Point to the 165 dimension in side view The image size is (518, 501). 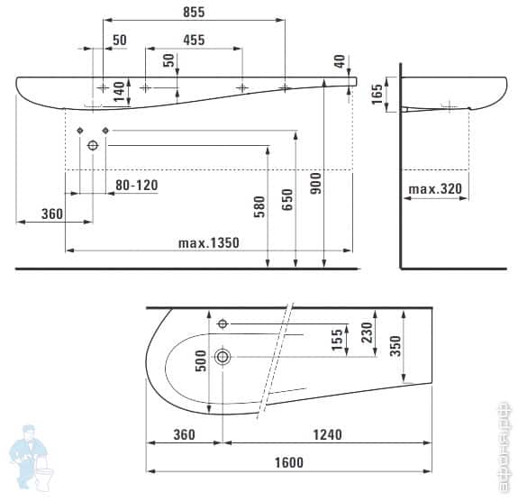click(377, 89)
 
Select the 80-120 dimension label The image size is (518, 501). click(136, 185)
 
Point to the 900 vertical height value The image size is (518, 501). click(314, 186)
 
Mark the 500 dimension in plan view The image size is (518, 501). click(201, 360)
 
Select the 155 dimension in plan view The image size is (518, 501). click(337, 340)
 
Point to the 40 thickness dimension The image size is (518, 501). click(340, 62)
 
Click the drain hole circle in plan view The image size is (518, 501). click(223, 357)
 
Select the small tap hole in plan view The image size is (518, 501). click(223, 323)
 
